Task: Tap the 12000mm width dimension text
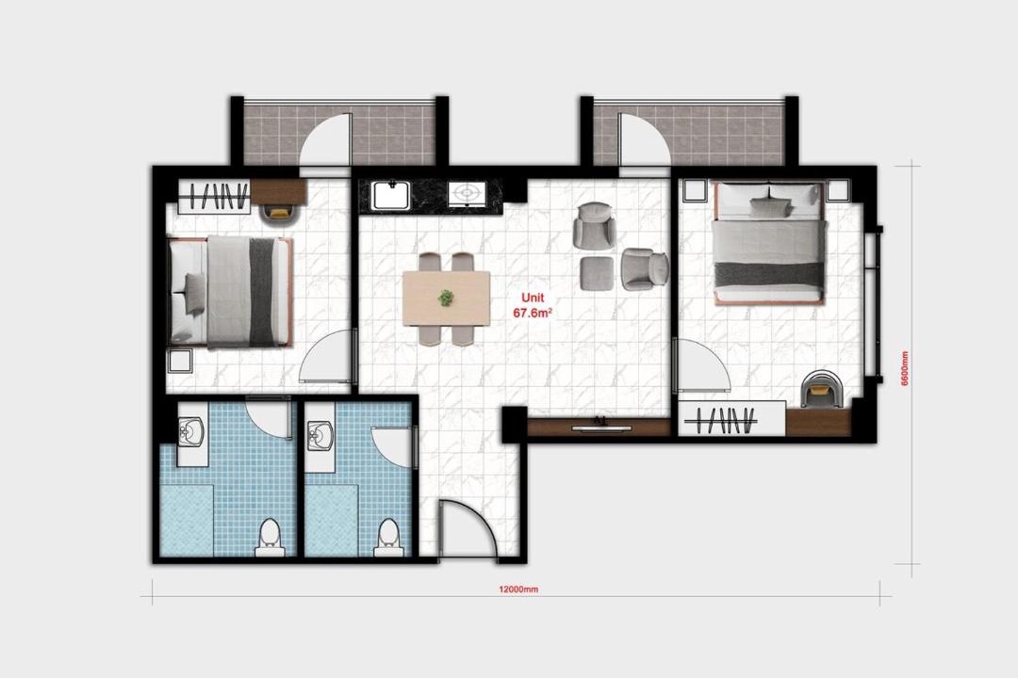518,589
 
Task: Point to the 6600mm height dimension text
904,368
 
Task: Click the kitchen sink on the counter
391,195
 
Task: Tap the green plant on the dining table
446,298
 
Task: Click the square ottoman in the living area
598,273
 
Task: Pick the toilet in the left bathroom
269,538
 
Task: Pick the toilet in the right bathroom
388,538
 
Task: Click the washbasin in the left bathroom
191,430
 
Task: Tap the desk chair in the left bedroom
279,212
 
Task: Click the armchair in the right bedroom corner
821,389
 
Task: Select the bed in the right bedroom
770,243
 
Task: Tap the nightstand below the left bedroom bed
180,360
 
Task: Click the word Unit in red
533,299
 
